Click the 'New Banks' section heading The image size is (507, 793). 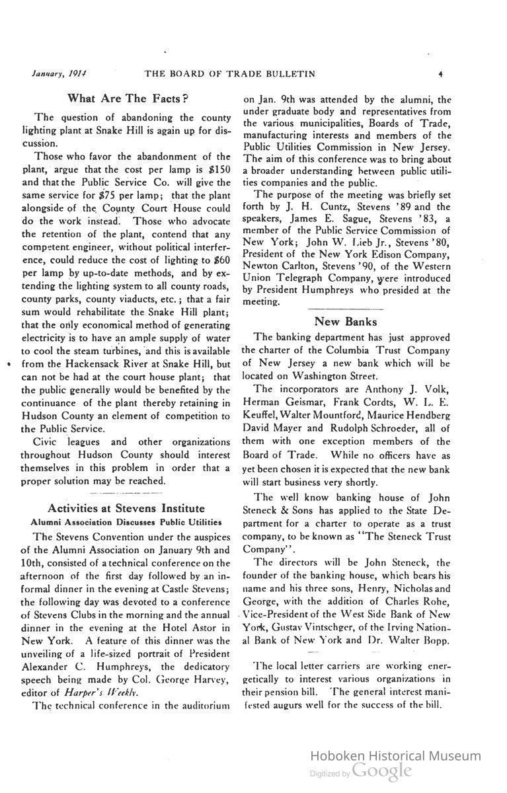345,322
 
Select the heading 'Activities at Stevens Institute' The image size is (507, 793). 126,508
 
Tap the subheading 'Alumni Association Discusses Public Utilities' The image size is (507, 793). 126,521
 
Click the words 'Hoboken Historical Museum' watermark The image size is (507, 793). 395,756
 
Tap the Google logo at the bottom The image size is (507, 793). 382,771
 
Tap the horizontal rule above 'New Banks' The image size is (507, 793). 345,309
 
